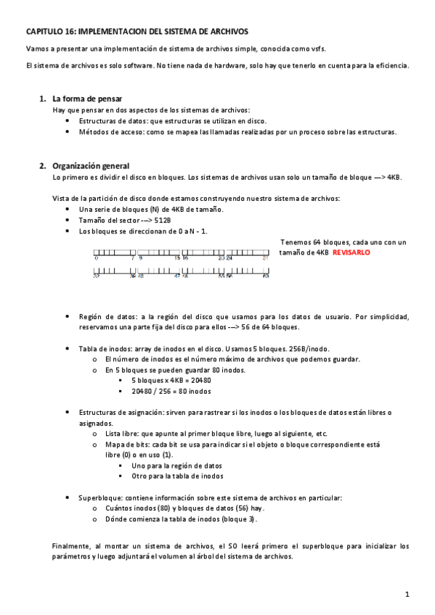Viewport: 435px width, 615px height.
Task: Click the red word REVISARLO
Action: click(352, 252)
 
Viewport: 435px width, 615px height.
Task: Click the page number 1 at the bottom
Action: click(408, 594)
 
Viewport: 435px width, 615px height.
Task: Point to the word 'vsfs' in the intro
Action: click(317, 49)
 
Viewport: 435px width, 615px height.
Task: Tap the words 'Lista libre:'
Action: click(125, 434)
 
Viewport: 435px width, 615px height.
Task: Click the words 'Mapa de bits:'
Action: click(129, 444)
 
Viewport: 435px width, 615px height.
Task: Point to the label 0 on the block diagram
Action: click(96, 257)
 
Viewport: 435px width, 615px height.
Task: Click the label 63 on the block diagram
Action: click(266, 276)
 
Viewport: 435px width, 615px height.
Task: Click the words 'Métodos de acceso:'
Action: click(110, 132)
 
